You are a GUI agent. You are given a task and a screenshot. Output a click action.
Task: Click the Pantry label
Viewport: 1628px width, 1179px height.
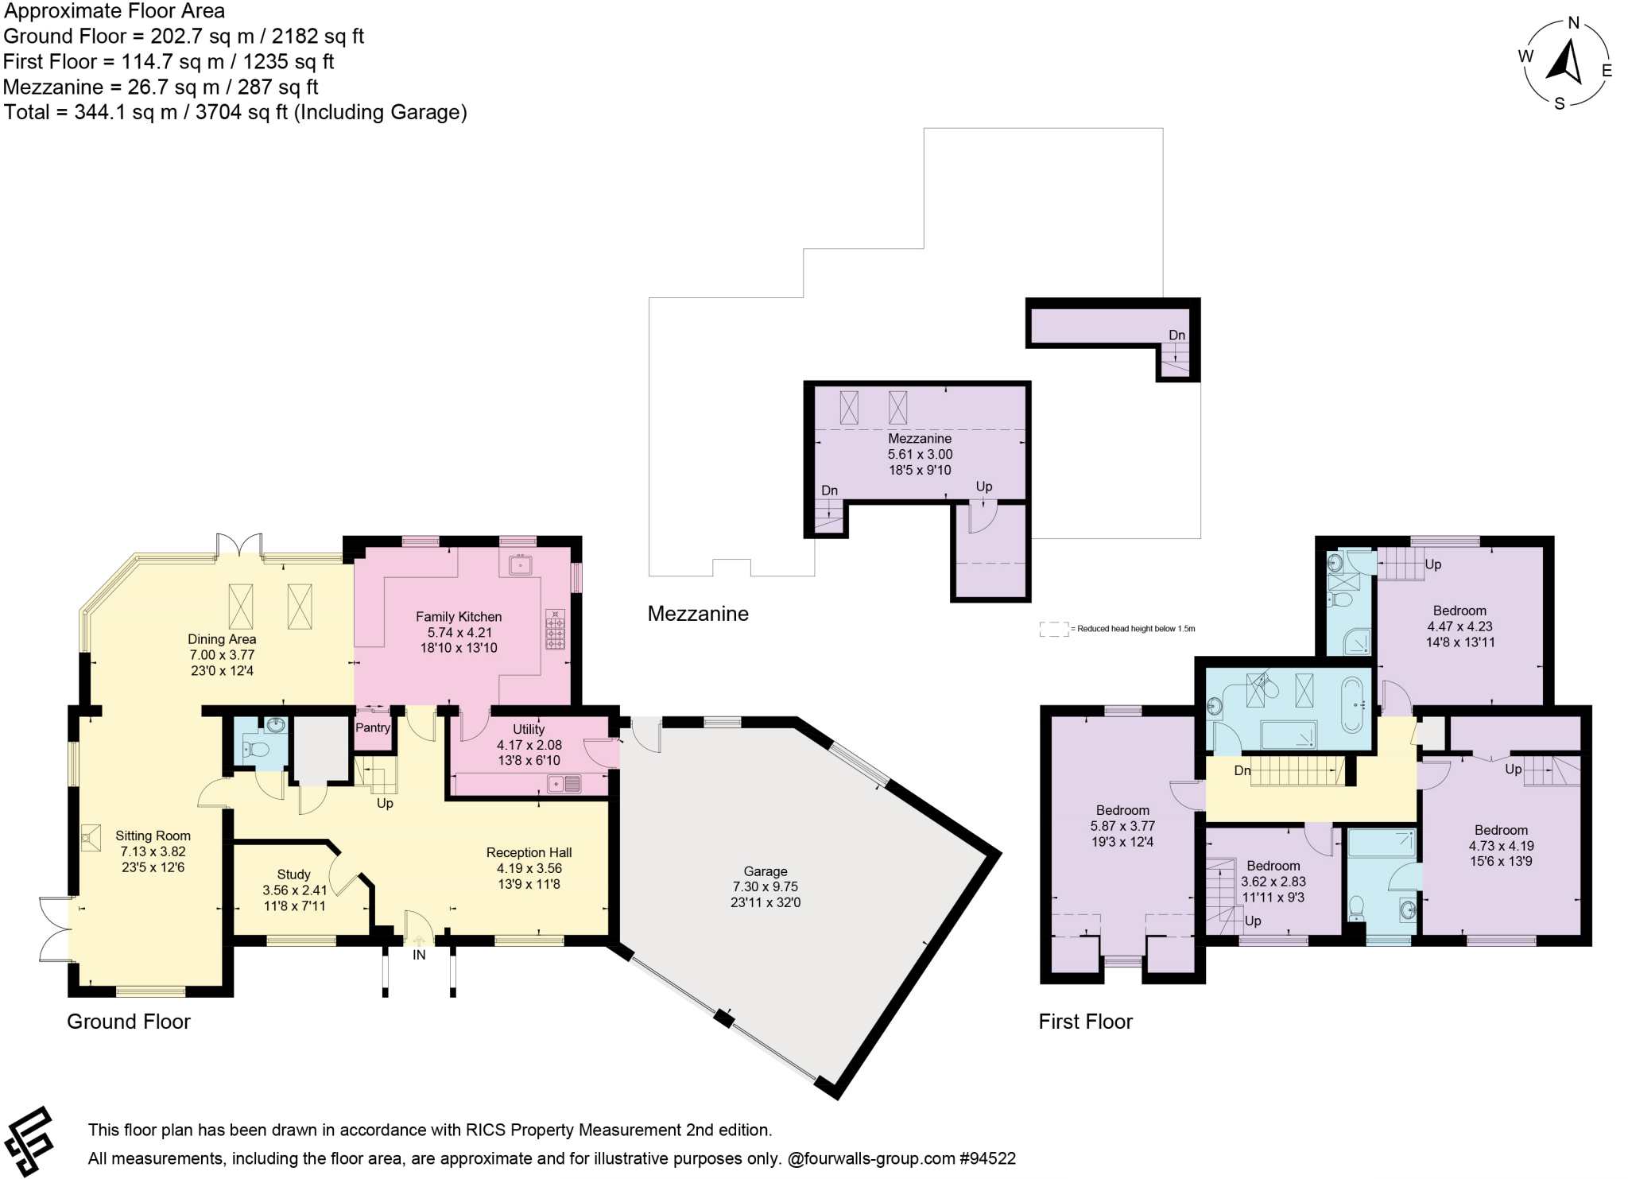373,727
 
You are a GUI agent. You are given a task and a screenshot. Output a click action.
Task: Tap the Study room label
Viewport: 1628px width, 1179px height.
293,875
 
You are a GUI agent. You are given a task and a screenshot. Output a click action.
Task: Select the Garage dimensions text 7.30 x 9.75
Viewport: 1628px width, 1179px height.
765,886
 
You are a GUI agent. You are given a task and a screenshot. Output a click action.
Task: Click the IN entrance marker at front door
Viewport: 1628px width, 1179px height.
419,955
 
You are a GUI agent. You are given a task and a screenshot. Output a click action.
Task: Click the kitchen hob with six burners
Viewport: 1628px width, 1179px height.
555,629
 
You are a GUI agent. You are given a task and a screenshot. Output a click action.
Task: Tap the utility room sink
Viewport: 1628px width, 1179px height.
564,785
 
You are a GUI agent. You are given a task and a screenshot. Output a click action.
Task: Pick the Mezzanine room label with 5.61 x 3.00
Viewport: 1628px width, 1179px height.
920,439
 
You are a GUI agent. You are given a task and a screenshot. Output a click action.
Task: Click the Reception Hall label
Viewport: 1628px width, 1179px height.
529,852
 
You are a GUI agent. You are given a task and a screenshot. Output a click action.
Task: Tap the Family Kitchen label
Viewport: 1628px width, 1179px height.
459,616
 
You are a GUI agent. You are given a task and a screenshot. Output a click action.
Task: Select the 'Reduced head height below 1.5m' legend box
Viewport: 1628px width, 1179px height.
1054,629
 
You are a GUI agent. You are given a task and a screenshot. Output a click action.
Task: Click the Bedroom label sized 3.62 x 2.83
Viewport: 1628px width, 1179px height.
1273,866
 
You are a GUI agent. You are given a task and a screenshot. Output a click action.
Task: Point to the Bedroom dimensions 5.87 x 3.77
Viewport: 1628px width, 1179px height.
1122,826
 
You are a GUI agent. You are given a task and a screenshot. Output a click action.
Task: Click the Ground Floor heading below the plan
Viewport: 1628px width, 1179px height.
129,1022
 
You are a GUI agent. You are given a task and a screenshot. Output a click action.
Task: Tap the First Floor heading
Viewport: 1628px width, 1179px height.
1085,1022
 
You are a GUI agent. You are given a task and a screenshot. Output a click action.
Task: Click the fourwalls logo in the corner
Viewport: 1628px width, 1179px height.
29,1142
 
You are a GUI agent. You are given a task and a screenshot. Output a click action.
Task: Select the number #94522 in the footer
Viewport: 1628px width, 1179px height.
987,1158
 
